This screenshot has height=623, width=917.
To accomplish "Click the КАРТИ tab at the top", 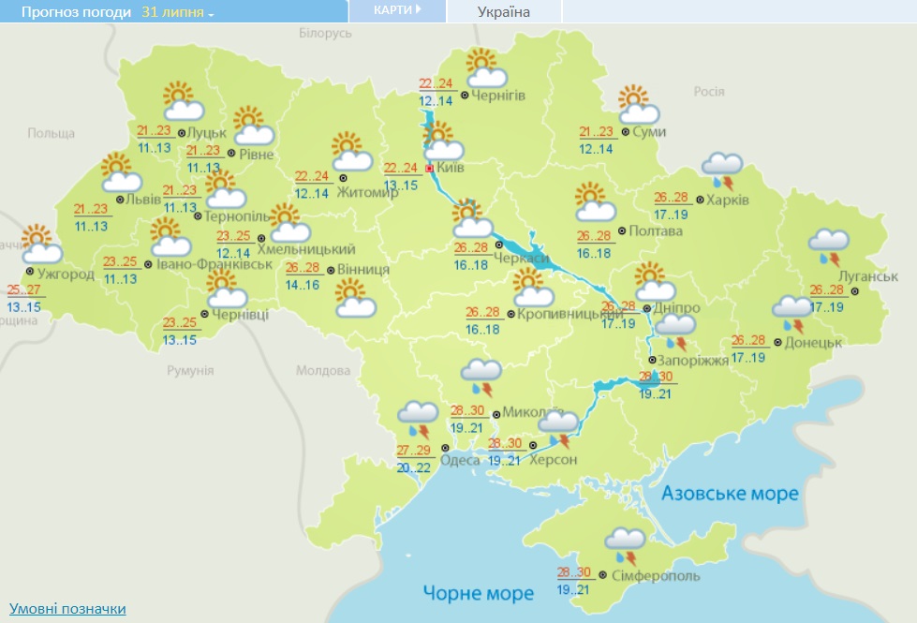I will [396, 10].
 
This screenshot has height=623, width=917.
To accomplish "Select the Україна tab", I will [503, 12].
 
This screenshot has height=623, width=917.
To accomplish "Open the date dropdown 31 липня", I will [178, 13].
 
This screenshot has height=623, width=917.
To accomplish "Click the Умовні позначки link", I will [67, 609].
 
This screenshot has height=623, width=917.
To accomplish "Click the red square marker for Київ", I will [430, 170].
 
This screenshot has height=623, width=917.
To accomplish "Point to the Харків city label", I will [728, 200].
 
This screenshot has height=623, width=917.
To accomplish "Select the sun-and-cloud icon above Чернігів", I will [485, 69].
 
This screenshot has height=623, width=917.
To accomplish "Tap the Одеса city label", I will [461, 459].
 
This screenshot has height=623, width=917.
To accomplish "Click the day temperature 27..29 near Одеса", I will [413, 451].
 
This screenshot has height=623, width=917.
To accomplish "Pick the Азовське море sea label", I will [730, 493].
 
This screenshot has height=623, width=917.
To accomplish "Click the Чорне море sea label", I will [478, 593].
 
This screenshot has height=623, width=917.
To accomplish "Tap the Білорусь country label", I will [325, 33].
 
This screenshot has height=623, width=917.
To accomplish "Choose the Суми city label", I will [649, 132].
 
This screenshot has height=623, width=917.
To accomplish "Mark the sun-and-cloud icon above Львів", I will [119, 173].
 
